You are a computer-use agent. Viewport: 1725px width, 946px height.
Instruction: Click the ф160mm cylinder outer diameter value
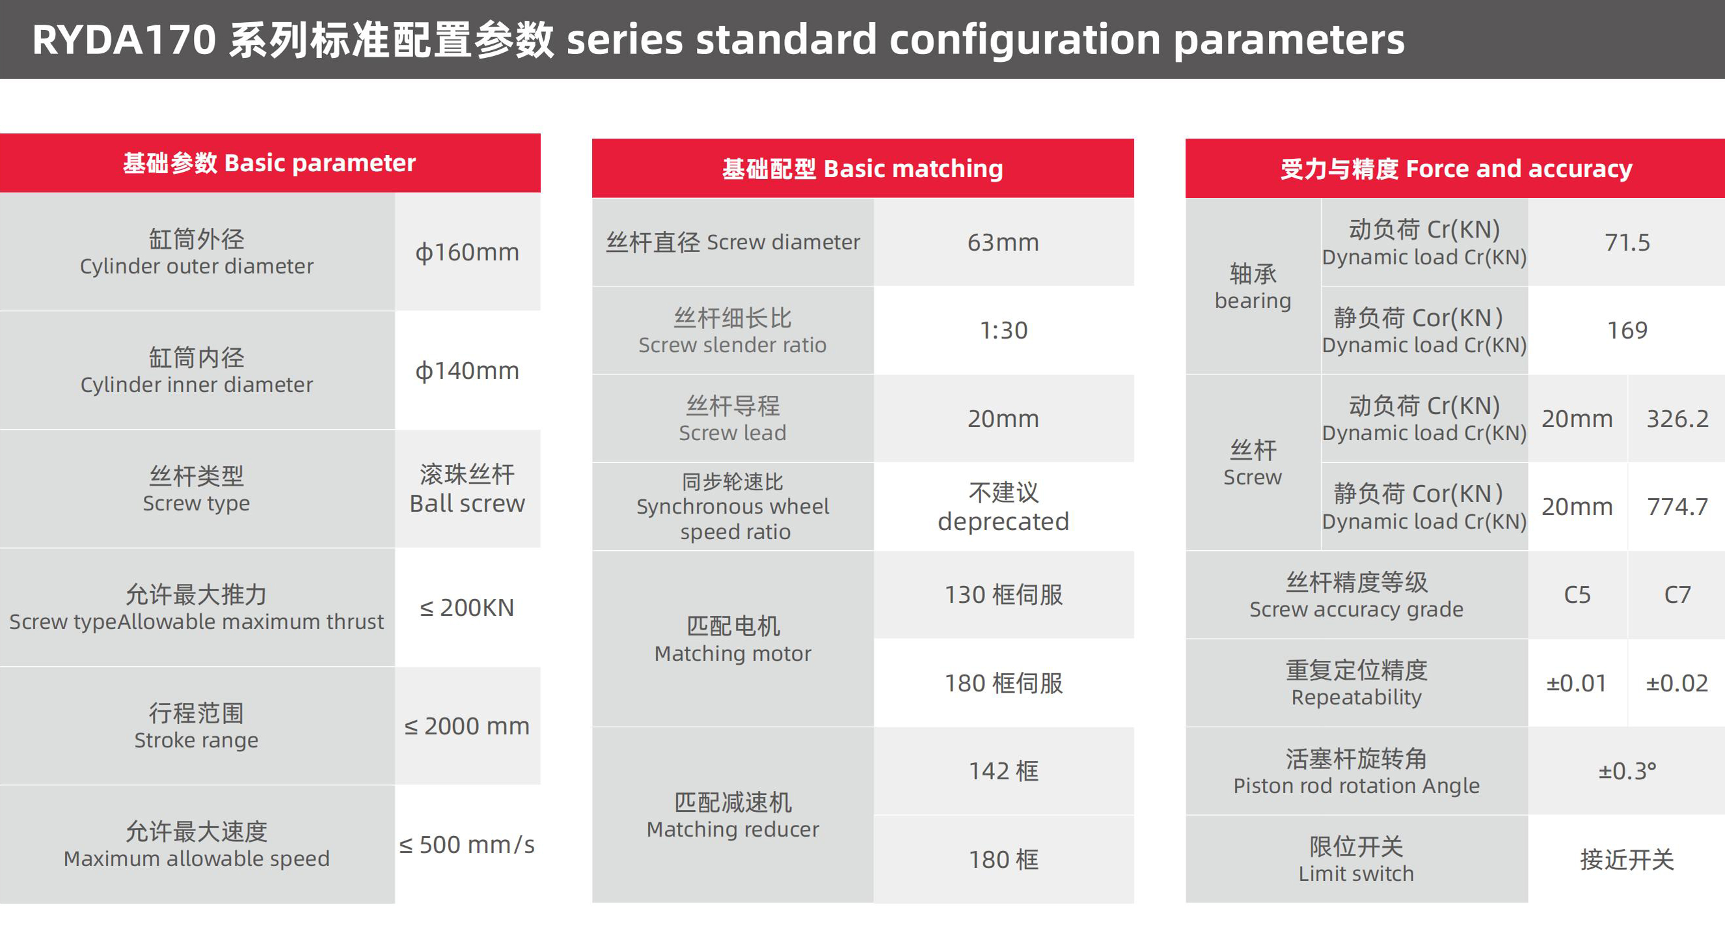467,253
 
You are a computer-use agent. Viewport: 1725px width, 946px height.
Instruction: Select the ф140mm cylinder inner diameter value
467,370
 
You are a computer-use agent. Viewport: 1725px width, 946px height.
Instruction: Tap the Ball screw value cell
467,489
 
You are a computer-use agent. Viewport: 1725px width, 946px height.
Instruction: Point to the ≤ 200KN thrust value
467,607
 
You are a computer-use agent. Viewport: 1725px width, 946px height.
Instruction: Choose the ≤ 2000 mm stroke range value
467,726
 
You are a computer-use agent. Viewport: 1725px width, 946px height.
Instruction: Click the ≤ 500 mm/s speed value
467,845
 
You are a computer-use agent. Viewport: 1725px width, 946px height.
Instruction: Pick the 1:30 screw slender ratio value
1003,330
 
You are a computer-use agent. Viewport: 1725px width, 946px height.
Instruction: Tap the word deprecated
1003,522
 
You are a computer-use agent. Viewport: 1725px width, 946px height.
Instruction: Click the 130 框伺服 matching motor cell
1003,595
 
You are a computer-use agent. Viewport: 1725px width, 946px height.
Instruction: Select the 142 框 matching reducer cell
1003,771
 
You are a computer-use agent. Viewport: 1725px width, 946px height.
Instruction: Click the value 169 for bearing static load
1627,330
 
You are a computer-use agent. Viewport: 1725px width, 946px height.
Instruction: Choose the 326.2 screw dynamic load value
1677,419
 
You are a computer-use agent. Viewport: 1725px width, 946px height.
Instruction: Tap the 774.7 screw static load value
1677,507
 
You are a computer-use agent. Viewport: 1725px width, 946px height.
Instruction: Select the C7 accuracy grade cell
1677,595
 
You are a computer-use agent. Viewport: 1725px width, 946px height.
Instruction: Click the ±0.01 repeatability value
1577,684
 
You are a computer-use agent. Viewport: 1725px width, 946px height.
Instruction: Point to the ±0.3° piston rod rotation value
1627,771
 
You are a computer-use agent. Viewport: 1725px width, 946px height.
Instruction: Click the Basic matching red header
863,168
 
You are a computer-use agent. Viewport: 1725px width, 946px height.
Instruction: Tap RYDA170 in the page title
124,40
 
